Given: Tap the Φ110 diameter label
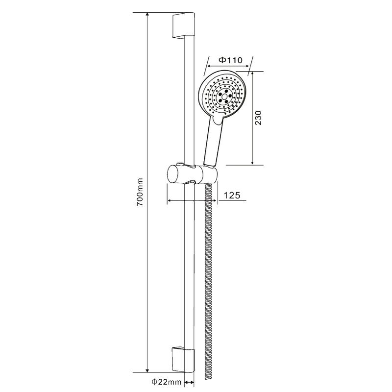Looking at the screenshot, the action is point(230,60).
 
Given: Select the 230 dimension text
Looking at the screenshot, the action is point(258,118).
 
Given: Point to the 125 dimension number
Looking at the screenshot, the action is point(231,195).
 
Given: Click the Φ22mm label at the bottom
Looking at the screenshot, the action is point(166,382).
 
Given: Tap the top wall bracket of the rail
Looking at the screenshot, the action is point(183,26).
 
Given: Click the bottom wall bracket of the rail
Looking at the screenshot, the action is point(183,360).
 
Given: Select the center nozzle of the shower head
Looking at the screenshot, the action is point(223,96).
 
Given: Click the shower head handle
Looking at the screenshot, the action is point(213,144).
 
